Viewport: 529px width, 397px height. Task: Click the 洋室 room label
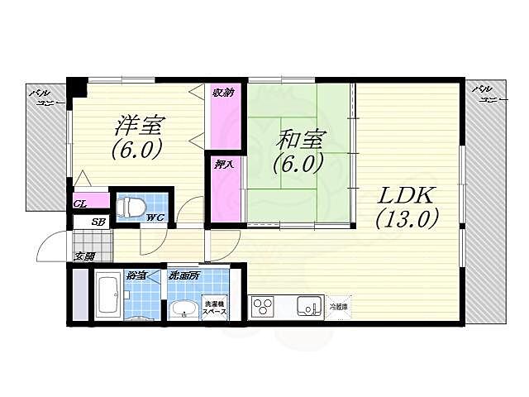pos(139,125)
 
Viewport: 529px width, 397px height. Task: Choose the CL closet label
pos(80,203)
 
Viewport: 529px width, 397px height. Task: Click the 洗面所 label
pos(183,275)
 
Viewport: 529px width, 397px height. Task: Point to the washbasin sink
pos(184,309)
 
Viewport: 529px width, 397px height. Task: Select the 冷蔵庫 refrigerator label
pos(339,307)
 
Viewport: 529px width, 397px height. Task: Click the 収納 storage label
pos(221,93)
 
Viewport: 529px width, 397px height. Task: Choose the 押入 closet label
pos(222,164)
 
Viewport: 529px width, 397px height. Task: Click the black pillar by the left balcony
pos(76,87)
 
